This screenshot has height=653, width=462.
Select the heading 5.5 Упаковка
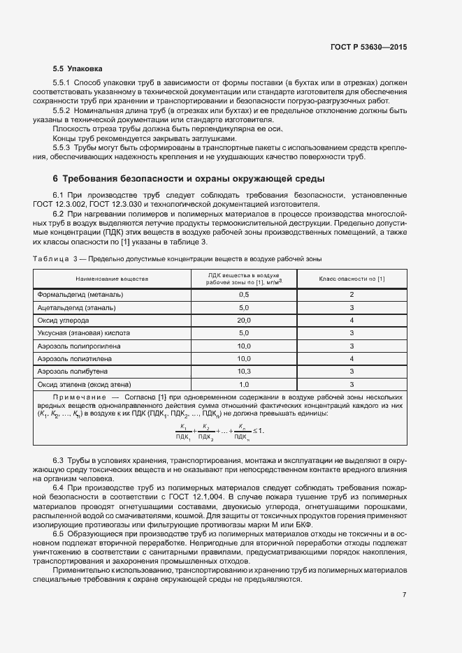pos(77,69)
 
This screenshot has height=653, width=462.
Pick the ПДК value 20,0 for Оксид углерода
pos(244,320)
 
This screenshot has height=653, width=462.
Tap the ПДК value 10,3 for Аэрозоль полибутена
pos(244,371)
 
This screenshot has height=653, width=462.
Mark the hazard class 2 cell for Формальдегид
pos(352,295)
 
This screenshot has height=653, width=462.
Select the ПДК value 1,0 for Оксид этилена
pos(244,384)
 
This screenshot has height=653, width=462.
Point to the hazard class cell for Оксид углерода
pos(352,320)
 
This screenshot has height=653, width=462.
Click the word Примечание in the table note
pos(78,397)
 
